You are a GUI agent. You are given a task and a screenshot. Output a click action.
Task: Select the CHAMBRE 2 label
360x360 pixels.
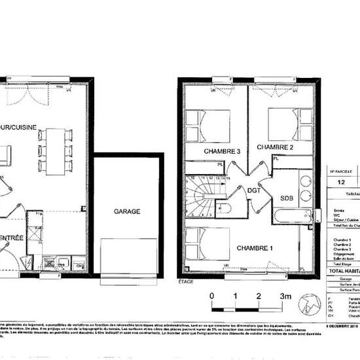point(274,148)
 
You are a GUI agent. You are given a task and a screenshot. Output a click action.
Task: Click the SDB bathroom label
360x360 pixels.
point(287,198)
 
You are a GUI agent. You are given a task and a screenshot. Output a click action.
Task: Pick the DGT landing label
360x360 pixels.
point(255,191)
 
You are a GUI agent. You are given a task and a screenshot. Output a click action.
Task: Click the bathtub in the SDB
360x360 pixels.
point(293,216)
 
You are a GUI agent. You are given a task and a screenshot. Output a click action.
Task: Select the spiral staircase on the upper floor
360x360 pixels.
point(199,197)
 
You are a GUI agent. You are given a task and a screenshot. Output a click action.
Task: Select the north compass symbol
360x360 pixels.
point(310,288)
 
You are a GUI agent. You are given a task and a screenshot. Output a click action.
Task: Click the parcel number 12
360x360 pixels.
point(341,185)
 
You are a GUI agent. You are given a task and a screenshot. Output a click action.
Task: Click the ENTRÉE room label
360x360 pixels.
point(13,238)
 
